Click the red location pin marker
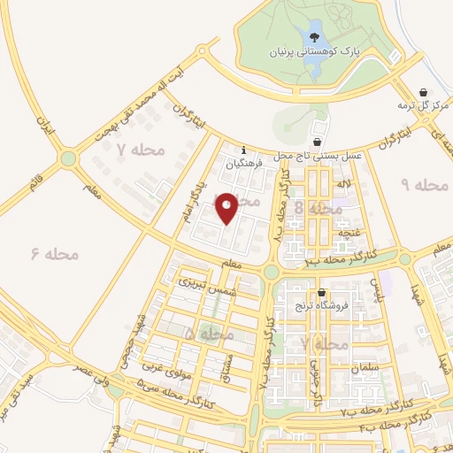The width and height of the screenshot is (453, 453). click(x=227, y=206)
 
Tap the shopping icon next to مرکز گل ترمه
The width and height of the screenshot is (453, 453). click(x=424, y=92)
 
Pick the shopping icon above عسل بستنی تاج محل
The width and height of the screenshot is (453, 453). click(x=318, y=142)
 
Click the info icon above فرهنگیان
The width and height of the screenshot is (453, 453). click(x=244, y=150)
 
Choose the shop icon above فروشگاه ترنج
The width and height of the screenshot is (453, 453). click(x=321, y=293)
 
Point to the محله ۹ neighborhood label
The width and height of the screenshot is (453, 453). click(x=425, y=185)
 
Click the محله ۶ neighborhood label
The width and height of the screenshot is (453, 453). click(x=55, y=254)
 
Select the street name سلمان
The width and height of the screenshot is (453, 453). click(x=364, y=366)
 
